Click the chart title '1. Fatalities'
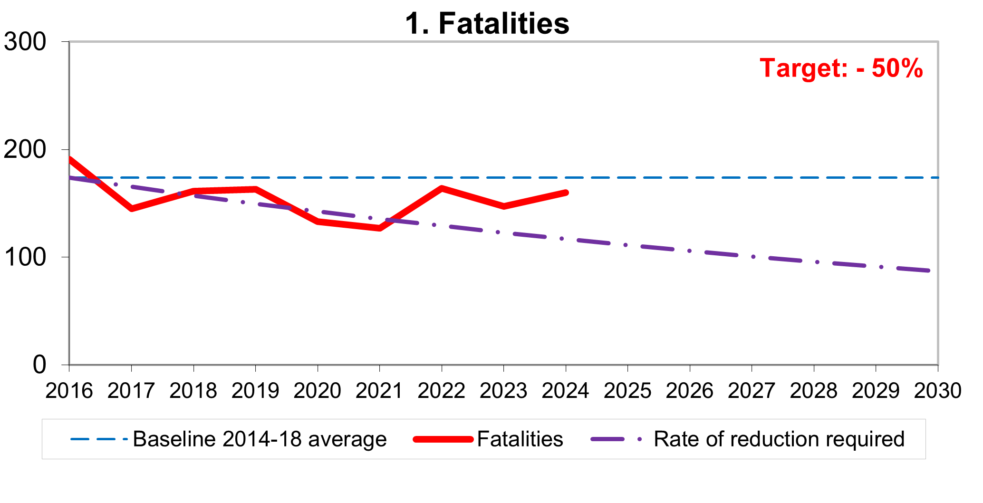click(487, 23)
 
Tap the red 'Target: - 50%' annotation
click(841, 68)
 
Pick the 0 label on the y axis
click(39, 365)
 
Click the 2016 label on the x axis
click(69, 391)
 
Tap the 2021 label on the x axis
click(379, 391)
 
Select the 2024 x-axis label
click(565, 391)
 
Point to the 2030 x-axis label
click(937, 391)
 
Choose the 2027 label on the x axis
click(752, 391)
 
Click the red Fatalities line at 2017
click(132, 208)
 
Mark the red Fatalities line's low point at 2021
click(379, 228)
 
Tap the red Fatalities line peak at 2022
click(442, 188)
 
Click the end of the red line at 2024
click(565, 193)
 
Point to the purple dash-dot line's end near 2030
click(928, 271)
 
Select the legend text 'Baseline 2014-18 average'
click(260, 439)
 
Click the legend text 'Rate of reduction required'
click(779, 439)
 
